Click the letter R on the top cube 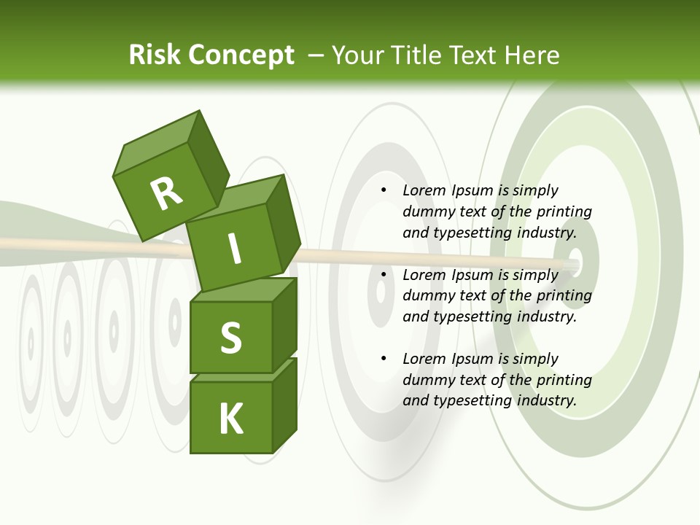[166, 194]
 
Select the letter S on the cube [230, 338]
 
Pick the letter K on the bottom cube [230, 419]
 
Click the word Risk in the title [155, 55]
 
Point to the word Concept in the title [241, 55]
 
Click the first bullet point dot [384, 190]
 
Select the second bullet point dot [384, 275]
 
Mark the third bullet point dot [384, 359]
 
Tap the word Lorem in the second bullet [424, 275]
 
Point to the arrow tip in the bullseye [572, 263]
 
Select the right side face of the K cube [284, 405]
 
